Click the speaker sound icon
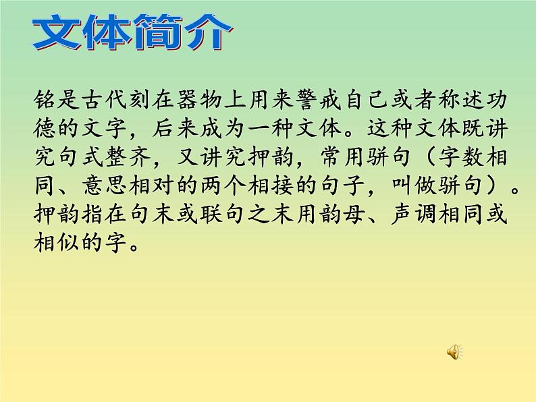pos(454,351)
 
